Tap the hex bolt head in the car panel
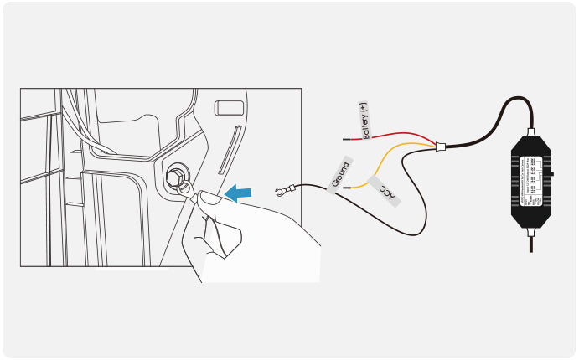click(x=177, y=177)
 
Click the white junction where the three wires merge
click(x=440, y=148)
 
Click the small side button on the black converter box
click(x=554, y=175)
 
